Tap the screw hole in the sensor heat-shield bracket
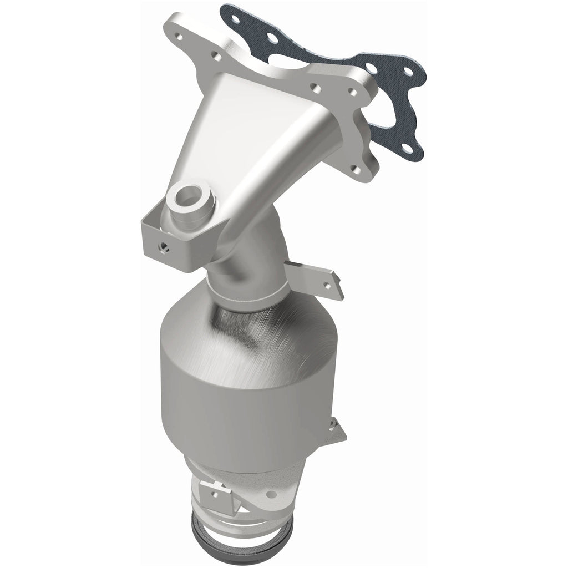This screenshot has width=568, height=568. point(163,244)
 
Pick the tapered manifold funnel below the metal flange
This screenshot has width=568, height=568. point(261,139)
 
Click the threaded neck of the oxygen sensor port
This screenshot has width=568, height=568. point(191,214)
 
